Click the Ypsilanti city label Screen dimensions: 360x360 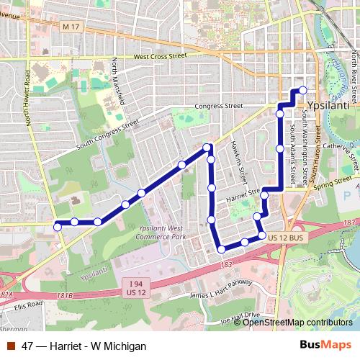328,106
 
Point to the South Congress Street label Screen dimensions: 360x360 107,134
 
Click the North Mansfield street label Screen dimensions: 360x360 117,82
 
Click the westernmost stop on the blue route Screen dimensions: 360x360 58,227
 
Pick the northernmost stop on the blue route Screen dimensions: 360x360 303,90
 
